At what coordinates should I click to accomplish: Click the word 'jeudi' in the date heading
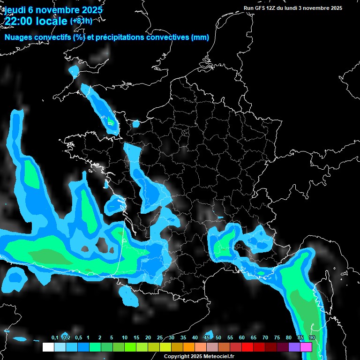point(15,10)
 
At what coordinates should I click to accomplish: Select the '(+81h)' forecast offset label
point(81,21)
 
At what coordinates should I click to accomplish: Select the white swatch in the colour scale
point(48,347)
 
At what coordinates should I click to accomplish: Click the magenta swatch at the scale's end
point(306,347)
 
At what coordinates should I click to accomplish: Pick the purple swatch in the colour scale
point(294,347)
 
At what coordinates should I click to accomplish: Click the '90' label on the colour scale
point(312,338)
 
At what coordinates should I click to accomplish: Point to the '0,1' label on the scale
point(55,338)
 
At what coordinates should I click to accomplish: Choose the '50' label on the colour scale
point(218,338)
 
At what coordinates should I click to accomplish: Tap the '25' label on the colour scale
point(159,338)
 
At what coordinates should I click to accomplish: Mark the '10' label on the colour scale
point(124,338)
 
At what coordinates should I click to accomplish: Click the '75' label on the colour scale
point(277,338)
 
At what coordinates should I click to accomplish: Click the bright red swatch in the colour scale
point(247,347)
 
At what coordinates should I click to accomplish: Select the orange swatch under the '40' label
point(189,347)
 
